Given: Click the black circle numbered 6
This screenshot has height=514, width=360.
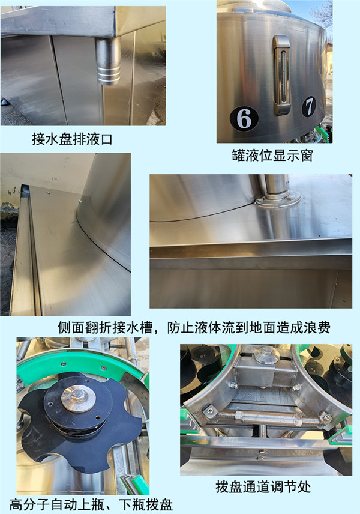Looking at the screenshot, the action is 244,118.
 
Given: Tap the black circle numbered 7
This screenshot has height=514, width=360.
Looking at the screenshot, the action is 309,106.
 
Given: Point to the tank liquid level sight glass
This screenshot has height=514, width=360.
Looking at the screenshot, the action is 282,75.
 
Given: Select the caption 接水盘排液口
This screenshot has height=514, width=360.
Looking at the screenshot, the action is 72,139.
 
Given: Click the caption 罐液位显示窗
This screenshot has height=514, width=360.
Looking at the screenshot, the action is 272,156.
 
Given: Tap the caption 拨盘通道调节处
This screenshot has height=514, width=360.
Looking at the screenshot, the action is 263,487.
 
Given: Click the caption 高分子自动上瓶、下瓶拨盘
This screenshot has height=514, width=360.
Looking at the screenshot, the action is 91,504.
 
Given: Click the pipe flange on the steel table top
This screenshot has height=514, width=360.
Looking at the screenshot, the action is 278,198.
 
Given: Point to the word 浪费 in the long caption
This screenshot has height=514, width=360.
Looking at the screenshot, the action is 316,327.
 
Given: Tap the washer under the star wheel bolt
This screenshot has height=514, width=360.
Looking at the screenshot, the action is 78,399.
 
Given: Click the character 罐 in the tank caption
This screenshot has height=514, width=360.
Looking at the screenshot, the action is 238,156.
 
